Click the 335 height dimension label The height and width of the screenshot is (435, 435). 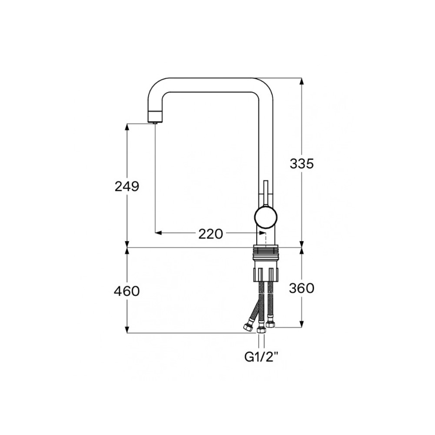coord(301,164)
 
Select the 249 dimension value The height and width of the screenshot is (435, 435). coord(127,187)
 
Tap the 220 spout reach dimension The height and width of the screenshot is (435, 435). coord(211,234)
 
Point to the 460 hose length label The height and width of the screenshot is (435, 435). coord(127,291)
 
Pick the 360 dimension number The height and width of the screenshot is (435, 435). coord(301,288)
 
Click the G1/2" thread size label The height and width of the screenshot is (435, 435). coord(261,357)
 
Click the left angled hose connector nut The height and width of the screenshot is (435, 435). coord(248,327)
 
